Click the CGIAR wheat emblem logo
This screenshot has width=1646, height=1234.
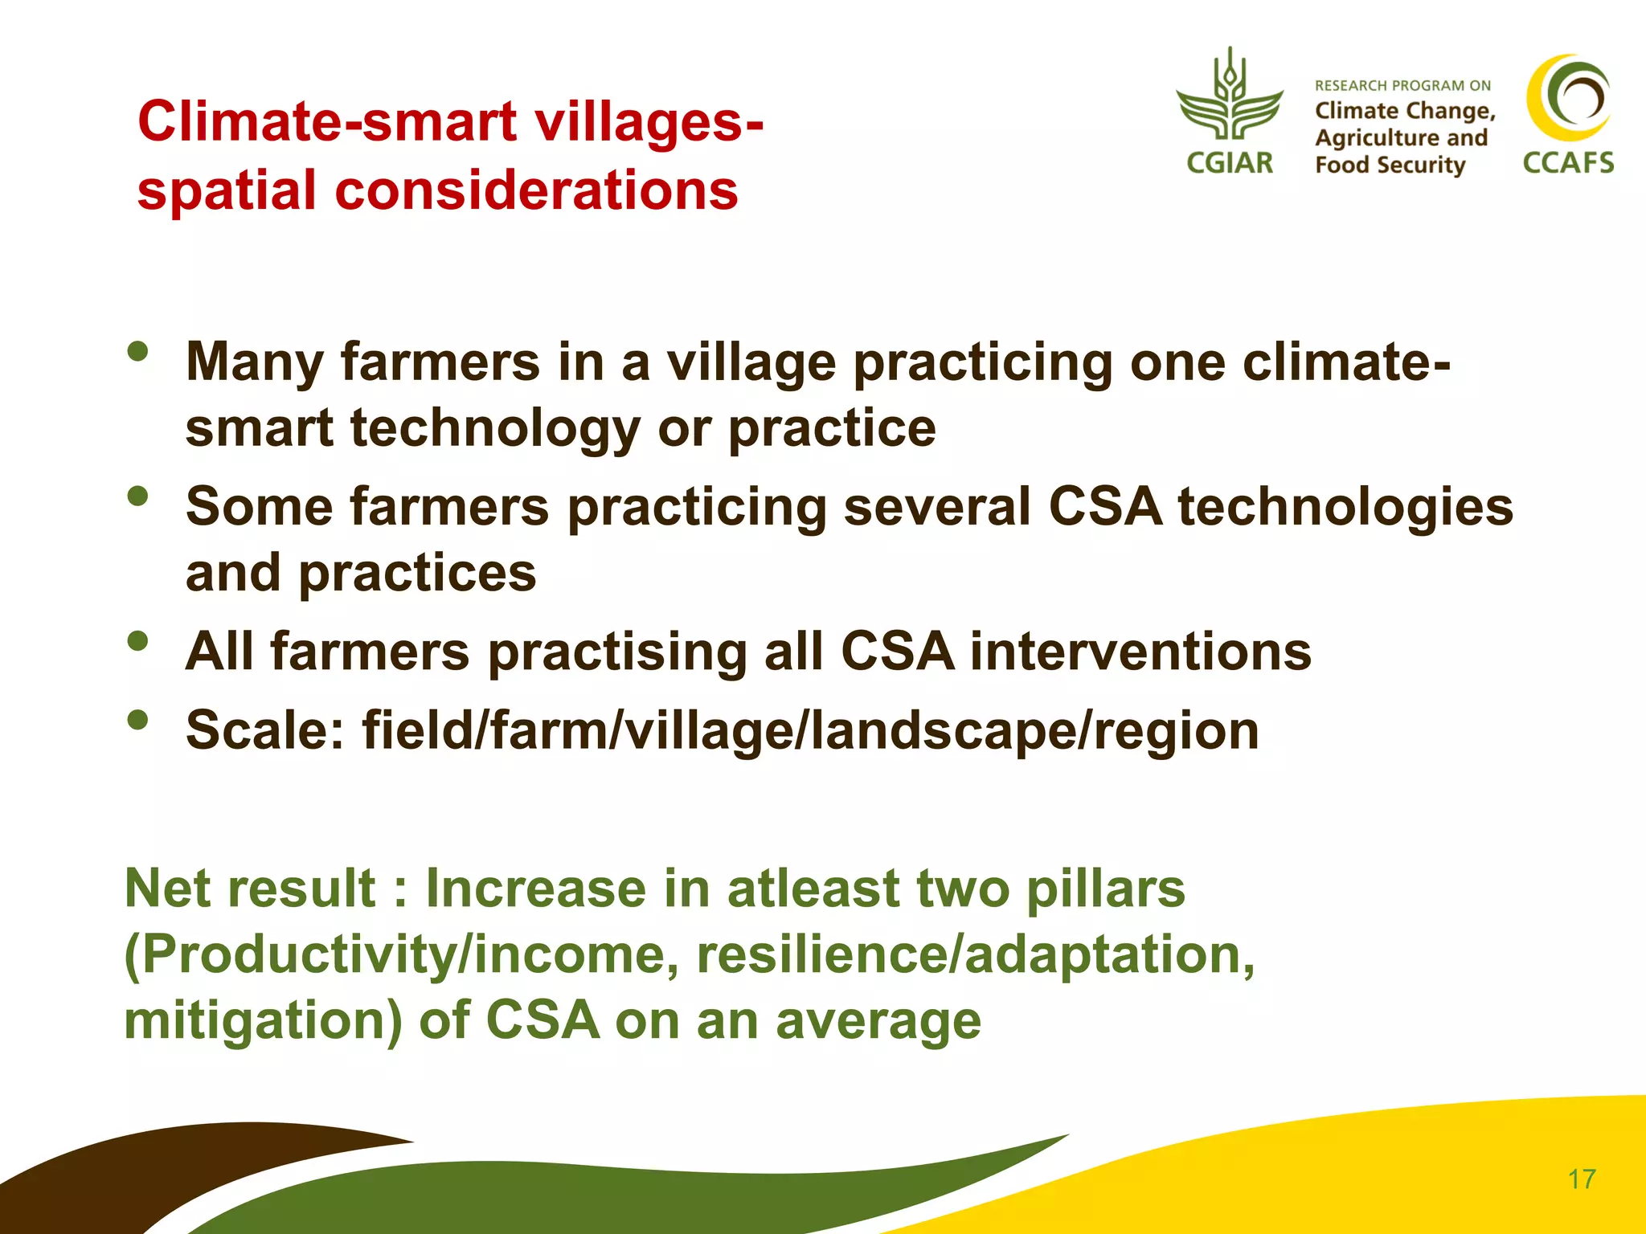[1229, 96]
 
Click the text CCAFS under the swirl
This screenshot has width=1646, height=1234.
[1568, 163]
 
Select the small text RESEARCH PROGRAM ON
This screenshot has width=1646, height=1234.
[1402, 85]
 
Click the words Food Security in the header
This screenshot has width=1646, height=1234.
[1390, 165]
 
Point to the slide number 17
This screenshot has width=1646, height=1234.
[1582, 1179]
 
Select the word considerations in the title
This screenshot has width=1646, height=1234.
[536, 191]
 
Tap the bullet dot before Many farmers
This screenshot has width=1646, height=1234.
[137, 352]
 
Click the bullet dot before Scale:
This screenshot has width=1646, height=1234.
[137, 720]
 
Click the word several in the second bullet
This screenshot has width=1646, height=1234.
[936, 507]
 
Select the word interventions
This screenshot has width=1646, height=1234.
[1140, 651]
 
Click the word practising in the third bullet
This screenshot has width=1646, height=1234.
[617, 651]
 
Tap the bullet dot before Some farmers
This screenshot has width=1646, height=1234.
[137, 496]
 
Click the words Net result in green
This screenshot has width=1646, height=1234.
[250, 889]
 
